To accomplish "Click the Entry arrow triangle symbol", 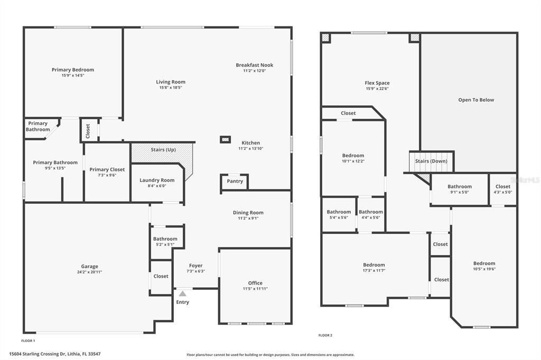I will tap(182, 293).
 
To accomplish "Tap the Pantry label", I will tap(235, 181).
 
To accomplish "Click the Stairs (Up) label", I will tap(163, 150).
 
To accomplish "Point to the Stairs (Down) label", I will tap(431, 161).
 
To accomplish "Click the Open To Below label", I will tap(476, 100).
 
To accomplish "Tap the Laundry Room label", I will tap(157, 180).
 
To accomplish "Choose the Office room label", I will tap(255, 283).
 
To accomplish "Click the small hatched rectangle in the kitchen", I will tap(226, 140).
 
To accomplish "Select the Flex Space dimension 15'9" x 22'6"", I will tap(377, 89).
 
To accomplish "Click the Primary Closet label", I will tap(107, 169).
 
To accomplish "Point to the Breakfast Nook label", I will tap(255, 65).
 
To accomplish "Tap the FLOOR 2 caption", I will tap(325, 335).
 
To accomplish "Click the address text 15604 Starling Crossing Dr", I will tap(55, 354).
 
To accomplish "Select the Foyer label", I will tap(195, 266).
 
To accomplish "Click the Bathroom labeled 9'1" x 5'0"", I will tap(460, 186).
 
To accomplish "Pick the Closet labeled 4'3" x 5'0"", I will tap(503, 186).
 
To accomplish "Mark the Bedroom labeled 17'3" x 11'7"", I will tap(374, 264).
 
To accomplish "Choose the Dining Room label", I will tap(248, 213).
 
